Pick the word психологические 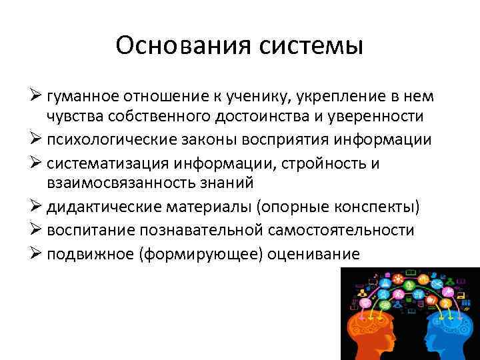(x=107, y=141)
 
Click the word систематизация (x=108, y=164)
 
